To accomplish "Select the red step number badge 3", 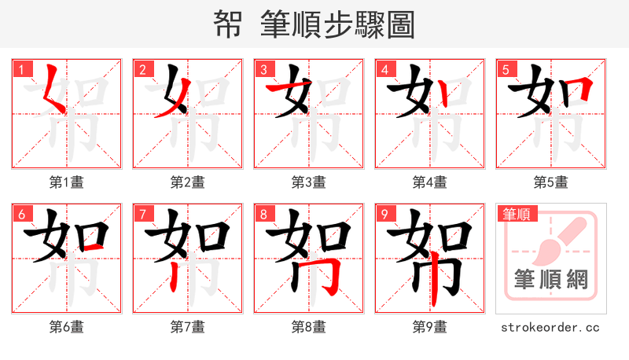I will (264, 68).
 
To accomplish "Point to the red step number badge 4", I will (385, 68).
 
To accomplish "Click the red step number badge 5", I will (506, 68).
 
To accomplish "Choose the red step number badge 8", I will (264, 213).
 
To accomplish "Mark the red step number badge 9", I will (385, 213).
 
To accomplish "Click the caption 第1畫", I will (66, 182).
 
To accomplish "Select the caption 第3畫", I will (308, 182).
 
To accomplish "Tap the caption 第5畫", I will (550, 182).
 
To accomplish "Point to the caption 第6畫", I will (66, 327).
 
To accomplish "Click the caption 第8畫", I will (308, 327).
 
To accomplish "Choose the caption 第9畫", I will (429, 327).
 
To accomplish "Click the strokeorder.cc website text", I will (550, 327).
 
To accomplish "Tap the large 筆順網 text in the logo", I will (550, 280).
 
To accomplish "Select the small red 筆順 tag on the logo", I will (516, 213).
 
